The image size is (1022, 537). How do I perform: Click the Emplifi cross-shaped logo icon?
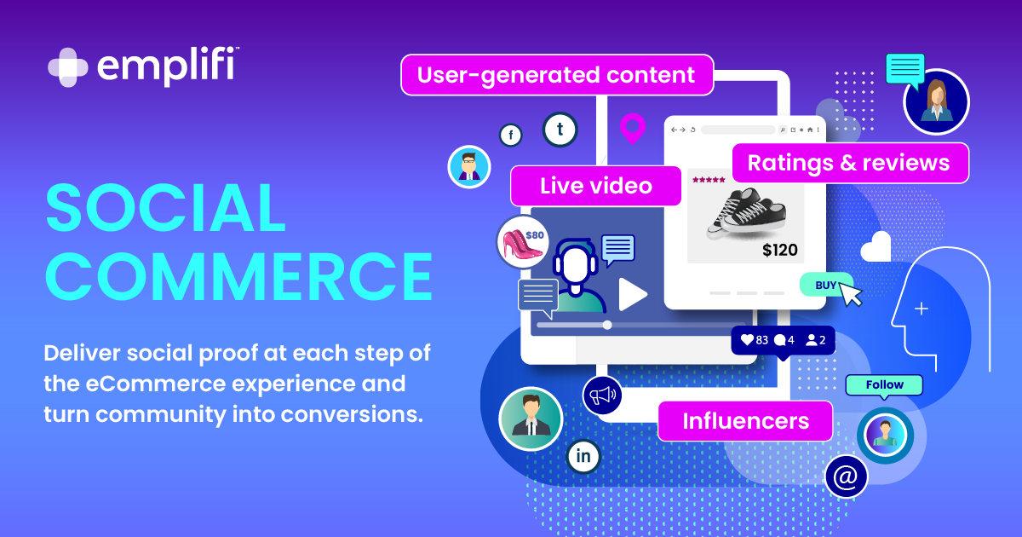click(68, 68)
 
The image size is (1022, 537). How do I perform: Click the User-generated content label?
click(556, 75)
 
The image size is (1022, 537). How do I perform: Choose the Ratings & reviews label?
click(848, 163)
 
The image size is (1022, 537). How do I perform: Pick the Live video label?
click(595, 186)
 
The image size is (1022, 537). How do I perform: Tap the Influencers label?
click(745, 420)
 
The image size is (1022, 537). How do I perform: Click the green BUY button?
click(825, 285)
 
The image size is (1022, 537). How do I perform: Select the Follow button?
click(884, 385)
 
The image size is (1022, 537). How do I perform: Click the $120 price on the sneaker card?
click(780, 250)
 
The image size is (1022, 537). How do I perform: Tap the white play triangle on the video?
click(632, 294)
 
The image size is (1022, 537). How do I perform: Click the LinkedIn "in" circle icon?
click(583, 456)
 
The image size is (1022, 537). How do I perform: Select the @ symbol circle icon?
click(846, 476)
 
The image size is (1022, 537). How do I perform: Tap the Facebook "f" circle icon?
click(511, 135)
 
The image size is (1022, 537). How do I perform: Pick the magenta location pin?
click(632, 128)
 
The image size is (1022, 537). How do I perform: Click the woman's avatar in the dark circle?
click(936, 101)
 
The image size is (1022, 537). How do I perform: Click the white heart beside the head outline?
click(875, 247)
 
